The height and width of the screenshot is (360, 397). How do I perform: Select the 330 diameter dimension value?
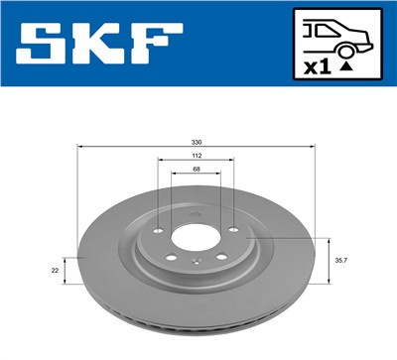pyautogui.click(x=196, y=141)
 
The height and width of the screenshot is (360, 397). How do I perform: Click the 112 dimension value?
pyautogui.click(x=196, y=157)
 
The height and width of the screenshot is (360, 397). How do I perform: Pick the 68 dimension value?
pyautogui.click(x=196, y=171)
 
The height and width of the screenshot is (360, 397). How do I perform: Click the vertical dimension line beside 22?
pyautogui.click(x=65, y=269)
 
